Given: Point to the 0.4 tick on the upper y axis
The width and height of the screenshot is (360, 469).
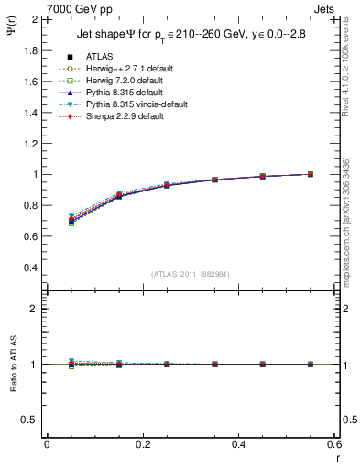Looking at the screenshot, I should (x=30, y=267).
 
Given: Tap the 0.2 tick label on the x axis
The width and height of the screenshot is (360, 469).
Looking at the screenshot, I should (x=142, y=444).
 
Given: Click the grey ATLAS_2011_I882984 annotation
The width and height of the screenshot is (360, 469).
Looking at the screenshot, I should (x=190, y=274).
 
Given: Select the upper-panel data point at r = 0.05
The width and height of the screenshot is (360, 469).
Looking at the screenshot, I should (x=71, y=220).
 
